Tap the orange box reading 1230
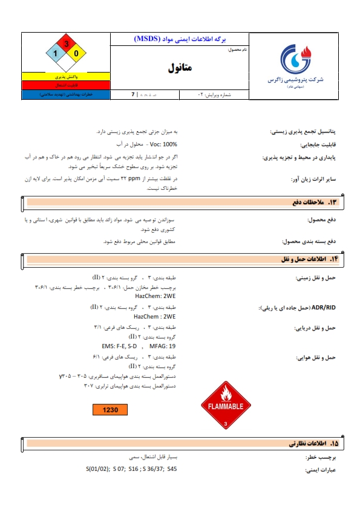110,410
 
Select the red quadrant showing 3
67,44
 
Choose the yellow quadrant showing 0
76,54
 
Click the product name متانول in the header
180,68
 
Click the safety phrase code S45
172,468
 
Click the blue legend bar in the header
66,95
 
